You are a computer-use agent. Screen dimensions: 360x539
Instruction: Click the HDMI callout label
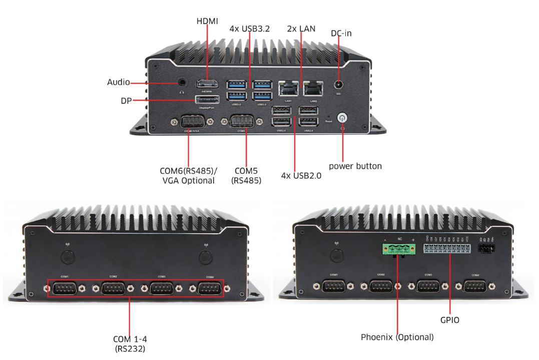click(x=207, y=21)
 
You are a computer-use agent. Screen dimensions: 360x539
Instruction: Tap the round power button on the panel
click(x=342, y=118)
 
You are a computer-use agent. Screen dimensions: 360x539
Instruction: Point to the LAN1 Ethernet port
click(x=288, y=89)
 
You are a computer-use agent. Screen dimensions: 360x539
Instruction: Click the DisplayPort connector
click(x=207, y=101)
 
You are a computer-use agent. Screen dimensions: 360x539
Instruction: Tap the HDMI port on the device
click(x=207, y=85)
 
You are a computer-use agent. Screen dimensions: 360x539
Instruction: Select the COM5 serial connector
click(x=241, y=122)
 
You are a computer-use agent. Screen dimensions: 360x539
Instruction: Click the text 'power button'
click(x=355, y=166)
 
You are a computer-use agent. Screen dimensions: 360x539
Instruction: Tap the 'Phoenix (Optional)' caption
click(x=397, y=337)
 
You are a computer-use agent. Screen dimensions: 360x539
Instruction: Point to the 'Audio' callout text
click(x=119, y=82)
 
